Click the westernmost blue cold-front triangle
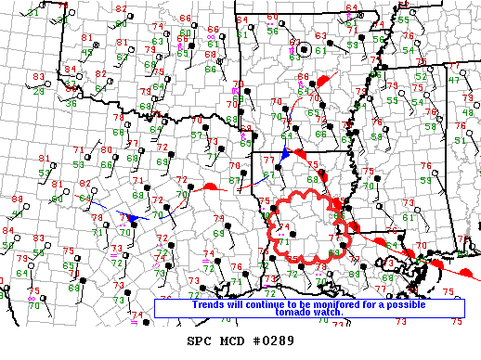pyautogui.click(x=132, y=218)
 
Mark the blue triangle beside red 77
pyautogui.click(x=286, y=155)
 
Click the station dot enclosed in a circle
pyautogui.click(x=305, y=48)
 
